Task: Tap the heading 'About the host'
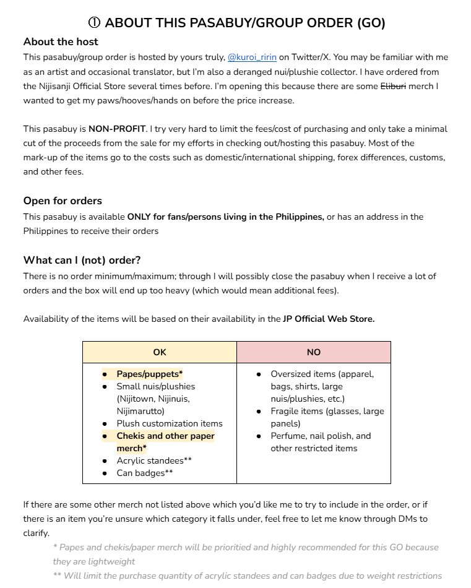coord(61,42)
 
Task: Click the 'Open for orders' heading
coord(63,201)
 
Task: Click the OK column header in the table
coord(160,352)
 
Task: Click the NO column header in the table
coord(313,352)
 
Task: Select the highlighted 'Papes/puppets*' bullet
coord(150,374)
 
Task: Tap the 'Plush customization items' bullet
coord(170,423)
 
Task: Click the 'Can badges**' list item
coord(144,473)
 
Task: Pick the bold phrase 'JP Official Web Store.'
coord(329,319)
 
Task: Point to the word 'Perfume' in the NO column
coord(288,436)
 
